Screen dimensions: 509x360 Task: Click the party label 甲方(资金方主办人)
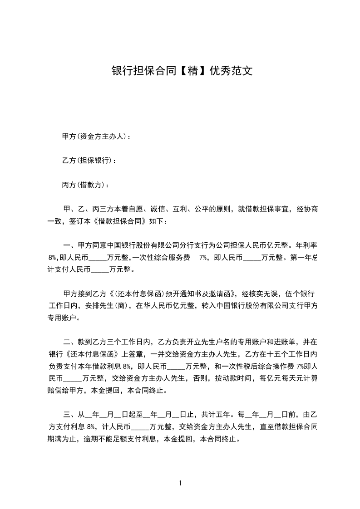[x=95, y=136]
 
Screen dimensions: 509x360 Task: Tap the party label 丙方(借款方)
[x=85, y=185]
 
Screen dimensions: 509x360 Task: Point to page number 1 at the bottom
[x=180, y=483]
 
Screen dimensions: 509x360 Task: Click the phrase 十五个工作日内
[x=290, y=354]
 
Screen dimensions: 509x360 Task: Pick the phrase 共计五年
[x=216, y=414]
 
